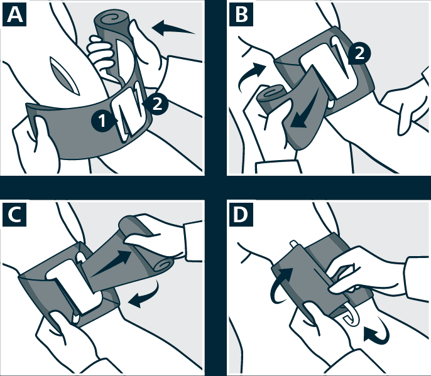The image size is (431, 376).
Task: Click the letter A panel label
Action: (x=14, y=15)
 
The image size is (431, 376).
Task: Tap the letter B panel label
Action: (x=241, y=15)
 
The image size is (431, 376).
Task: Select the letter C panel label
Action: (x=14, y=215)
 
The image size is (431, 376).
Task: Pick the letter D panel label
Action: (x=241, y=215)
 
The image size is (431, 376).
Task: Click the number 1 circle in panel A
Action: (x=102, y=121)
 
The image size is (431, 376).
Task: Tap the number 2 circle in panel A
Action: (x=156, y=104)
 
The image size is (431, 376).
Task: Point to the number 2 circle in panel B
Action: (x=359, y=53)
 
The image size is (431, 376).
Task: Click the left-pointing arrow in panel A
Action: (x=173, y=29)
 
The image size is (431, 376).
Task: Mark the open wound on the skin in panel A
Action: (x=65, y=76)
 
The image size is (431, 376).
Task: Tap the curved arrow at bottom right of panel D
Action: (x=376, y=331)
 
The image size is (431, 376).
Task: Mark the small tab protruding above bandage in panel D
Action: (x=293, y=244)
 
